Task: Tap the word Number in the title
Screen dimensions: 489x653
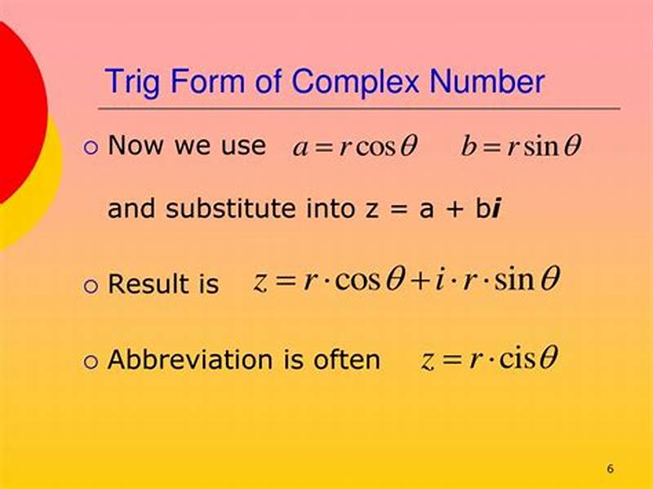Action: pyautogui.click(x=487, y=82)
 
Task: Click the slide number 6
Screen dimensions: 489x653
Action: pyautogui.click(x=610, y=469)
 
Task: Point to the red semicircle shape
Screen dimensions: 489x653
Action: pyautogui.click(x=16, y=106)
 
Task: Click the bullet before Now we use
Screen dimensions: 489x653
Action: pyautogui.click(x=91, y=148)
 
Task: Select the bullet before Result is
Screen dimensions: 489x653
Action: pyautogui.click(x=91, y=285)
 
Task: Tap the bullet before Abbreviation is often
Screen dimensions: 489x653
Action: pyautogui.click(x=91, y=362)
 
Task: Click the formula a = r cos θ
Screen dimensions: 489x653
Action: pyautogui.click(x=355, y=147)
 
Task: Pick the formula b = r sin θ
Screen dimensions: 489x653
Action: pyautogui.click(x=521, y=147)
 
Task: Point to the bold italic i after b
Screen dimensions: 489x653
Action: pyautogui.click(x=495, y=209)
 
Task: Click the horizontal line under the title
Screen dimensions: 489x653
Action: pyautogui.click(x=359, y=109)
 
